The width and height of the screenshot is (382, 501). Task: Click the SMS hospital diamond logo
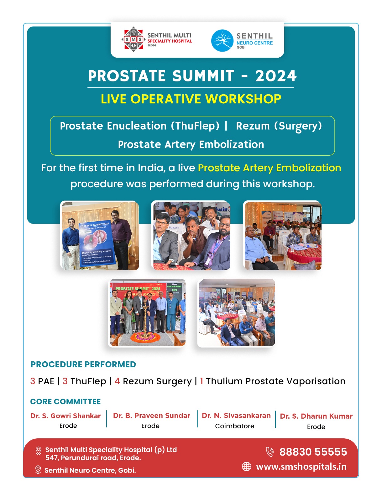tap(133, 39)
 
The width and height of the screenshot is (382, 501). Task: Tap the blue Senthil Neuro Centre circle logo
tap(222, 40)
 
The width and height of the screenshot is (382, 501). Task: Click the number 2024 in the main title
tap(275, 76)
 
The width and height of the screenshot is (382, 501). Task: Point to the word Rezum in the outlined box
tap(253, 126)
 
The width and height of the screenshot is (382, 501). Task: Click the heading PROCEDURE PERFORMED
tap(83, 364)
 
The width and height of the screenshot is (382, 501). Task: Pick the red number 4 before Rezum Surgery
tap(117, 381)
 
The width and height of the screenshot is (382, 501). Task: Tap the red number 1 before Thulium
tap(201, 381)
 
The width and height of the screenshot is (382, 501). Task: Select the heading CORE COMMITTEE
tap(65, 401)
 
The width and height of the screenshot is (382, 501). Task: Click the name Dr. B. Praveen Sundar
tap(152, 416)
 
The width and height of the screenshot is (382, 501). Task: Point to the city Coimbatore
tap(234, 426)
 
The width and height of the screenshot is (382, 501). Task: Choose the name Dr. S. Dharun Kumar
tap(316, 416)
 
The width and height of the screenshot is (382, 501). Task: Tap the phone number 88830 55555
tap(313, 452)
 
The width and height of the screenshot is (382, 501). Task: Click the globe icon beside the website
tap(246, 466)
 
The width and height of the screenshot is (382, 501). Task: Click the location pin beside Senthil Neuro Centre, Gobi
tap(38, 470)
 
